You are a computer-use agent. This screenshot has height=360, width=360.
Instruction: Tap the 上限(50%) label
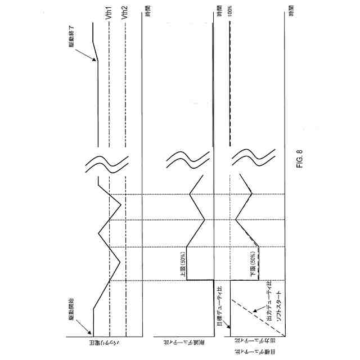click(182, 263)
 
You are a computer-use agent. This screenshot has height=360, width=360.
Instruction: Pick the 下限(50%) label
click(253, 263)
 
